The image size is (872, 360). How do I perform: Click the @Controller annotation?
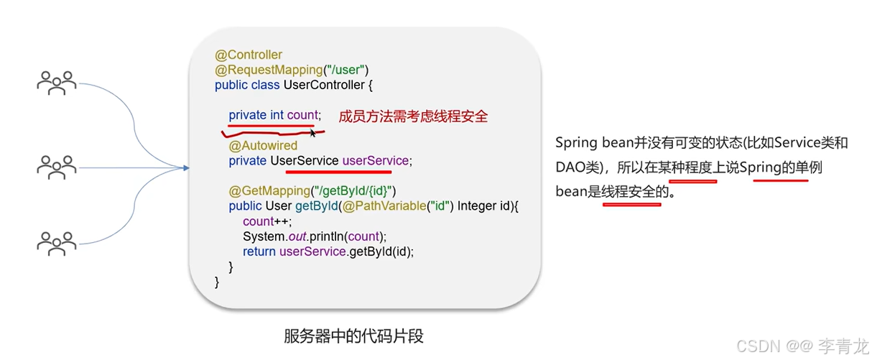click(x=249, y=55)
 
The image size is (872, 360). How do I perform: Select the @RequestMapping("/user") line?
click(x=292, y=70)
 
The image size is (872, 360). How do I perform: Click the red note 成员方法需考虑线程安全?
click(x=413, y=116)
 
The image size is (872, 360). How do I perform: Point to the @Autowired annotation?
click(x=263, y=146)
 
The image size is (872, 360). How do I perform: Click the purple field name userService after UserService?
click(x=375, y=161)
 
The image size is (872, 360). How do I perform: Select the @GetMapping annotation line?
click(x=312, y=191)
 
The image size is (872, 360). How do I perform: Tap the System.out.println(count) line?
click(x=315, y=236)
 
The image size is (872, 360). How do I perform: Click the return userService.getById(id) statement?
click(x=328, y=251)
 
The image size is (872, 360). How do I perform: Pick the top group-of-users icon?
click(x=57, y=83)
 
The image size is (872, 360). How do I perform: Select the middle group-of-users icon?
click(x=57, y=167)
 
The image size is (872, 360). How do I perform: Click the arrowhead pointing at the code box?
click(x=185, y=168)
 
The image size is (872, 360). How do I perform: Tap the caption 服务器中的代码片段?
click(x=358, y=336)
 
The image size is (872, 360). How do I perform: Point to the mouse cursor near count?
click(x=312, y=132)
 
